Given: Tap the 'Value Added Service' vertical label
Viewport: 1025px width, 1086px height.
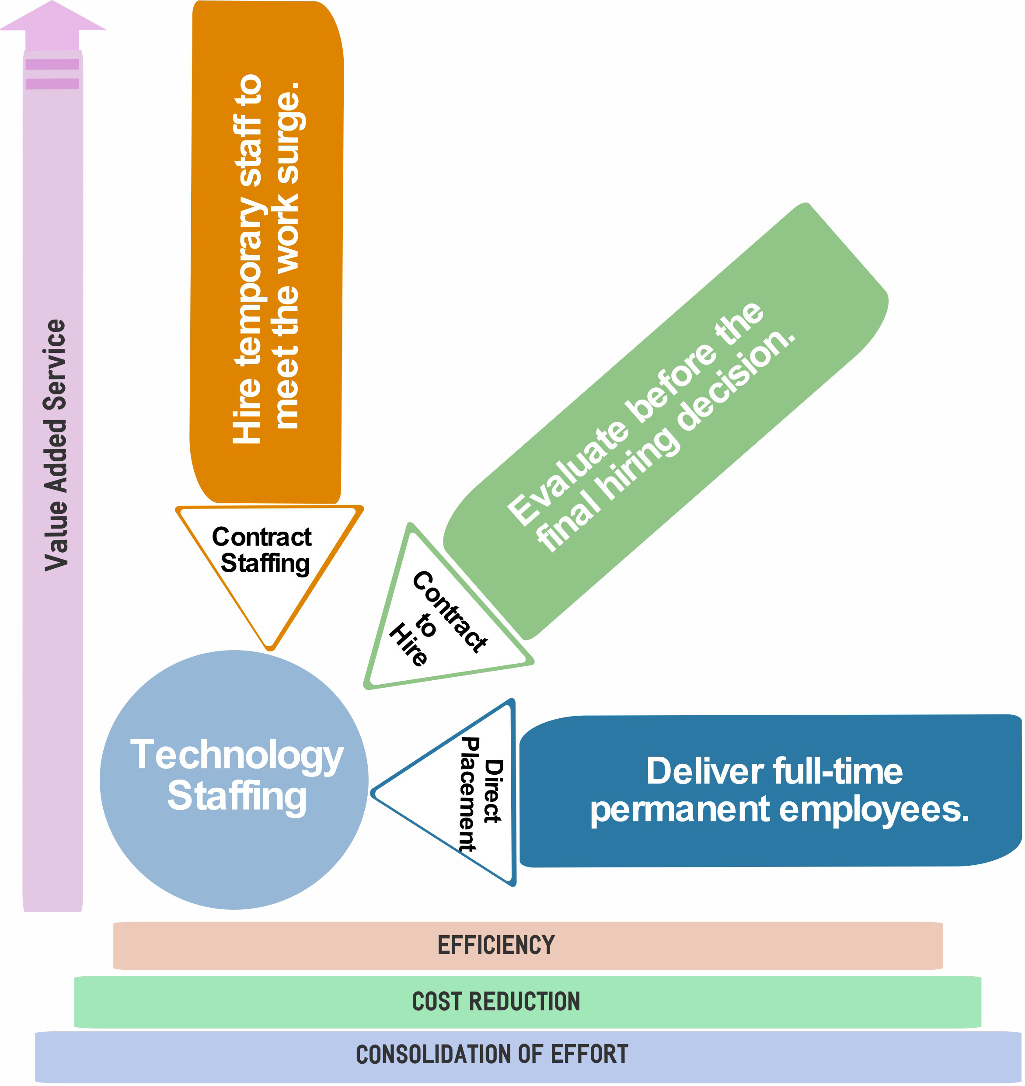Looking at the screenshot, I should tap(55, 445).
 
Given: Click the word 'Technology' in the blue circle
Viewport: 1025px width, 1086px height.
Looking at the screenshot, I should tap(237, 755).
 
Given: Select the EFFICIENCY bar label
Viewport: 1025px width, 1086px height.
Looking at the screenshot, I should tap(496, 946).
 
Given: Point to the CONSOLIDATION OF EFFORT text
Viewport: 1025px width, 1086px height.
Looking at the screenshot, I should tap(492, 1055).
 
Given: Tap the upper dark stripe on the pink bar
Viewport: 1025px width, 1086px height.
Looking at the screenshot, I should tap(52, 64).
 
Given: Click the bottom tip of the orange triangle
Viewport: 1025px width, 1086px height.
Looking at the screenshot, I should tap(270, 648).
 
